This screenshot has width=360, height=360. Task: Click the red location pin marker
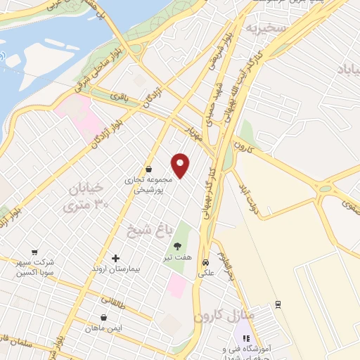181,165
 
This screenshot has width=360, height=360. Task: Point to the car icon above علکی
205,258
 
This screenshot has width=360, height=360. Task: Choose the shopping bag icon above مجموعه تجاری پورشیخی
149,169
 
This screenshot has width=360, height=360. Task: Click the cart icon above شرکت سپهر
34,252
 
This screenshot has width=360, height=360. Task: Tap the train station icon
278,304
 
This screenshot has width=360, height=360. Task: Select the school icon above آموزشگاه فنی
246,338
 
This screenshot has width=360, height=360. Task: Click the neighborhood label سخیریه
263,27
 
